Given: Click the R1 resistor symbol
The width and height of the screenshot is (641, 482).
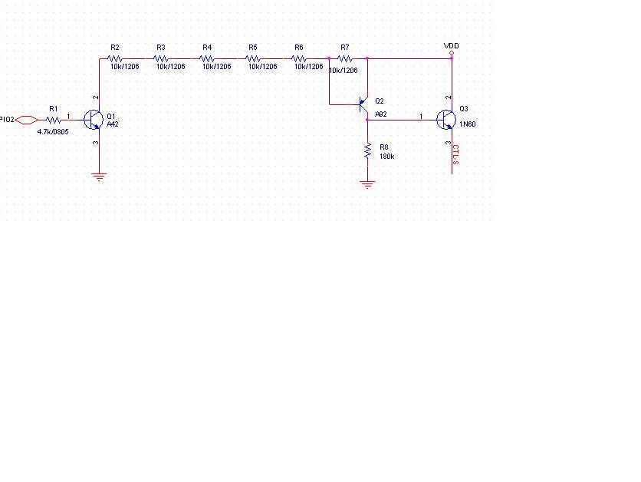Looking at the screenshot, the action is pos(54,121).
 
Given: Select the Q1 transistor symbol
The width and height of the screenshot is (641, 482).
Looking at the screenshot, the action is pos(94,120).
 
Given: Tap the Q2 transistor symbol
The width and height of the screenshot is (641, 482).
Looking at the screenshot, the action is pos(363,105).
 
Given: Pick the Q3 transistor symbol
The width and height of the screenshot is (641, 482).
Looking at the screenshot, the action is pos(446,120).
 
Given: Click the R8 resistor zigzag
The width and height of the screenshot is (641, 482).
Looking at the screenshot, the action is pos(368,150).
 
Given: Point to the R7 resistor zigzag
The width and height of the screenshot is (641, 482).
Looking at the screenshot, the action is pos(344,58).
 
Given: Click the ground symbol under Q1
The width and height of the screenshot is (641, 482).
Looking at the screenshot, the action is pos(100,177).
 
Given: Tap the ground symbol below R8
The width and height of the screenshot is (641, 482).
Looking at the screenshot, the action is pos(368,184).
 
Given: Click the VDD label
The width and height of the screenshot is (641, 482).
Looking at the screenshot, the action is pos(452,46).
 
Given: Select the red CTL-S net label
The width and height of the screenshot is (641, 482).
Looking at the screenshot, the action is pos(455,155).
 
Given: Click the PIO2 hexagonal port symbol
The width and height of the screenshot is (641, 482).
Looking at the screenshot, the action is pos(27,120).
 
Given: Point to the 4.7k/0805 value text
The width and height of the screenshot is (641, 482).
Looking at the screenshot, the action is pos(53,132).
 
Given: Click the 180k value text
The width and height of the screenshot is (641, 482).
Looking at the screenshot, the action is pos(386,157).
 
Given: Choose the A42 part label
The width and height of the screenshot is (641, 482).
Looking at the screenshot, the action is pos(113,124).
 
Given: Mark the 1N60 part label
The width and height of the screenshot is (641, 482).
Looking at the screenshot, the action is pos(467,124).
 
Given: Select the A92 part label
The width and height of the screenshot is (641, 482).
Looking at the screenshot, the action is pos(380,114).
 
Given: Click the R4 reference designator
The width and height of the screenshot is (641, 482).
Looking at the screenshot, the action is pos(207,48).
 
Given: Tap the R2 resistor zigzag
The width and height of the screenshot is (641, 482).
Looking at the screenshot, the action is pos(115,58).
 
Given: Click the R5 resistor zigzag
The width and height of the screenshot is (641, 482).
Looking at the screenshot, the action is pos(252,58).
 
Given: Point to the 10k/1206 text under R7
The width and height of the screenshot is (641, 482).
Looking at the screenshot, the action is pos(344,71).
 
